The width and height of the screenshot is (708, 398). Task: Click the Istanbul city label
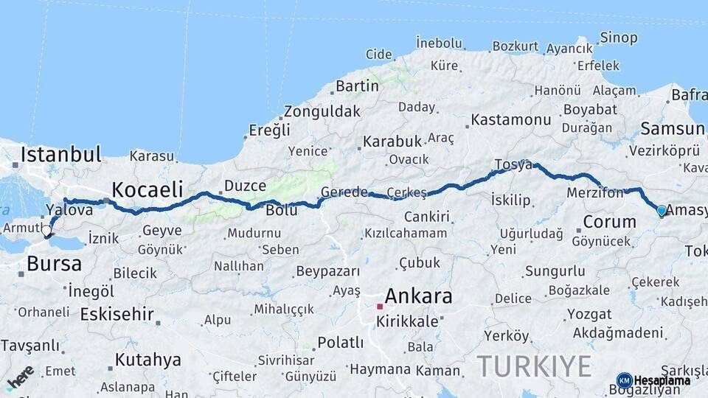pyautogui.click(x=61, y=155)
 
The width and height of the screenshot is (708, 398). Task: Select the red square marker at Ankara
pyautogui.click(x=380, y=306)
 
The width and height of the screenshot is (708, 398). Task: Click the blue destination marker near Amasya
pyautogui.click(x=662, y=211)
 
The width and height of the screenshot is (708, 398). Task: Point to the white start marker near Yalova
pyautogui.click(x=46, y=231)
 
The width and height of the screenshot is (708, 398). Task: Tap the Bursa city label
pyautogui.click(x=54, y=264)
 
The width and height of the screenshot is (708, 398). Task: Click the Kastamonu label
pyautogui.click(x=511, y=119)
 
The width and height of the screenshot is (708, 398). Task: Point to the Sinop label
pyautogui.click(x=619, y=37)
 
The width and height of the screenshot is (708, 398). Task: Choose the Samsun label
pyautogui.click(x=672, y=130)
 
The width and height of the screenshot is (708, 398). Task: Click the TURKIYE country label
pyautogui.click(x=534, y=366)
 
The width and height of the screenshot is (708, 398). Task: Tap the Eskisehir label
pyautogui.click(x=117, y=315)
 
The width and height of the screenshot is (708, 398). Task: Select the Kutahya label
pyautogui.click(x=147, y=360)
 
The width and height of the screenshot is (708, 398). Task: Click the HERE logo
pyautogui.click(x=20, y=376)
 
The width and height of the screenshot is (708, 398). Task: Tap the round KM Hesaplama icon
pyautogui.click(x=625, y=380)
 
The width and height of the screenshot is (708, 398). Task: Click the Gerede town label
pyautogui.click(x=344, y=192)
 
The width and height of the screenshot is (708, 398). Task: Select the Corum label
pyautogui.click(x=609, y=222)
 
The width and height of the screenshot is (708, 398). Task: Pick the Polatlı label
pyautogui.click(x=340, y=343)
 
